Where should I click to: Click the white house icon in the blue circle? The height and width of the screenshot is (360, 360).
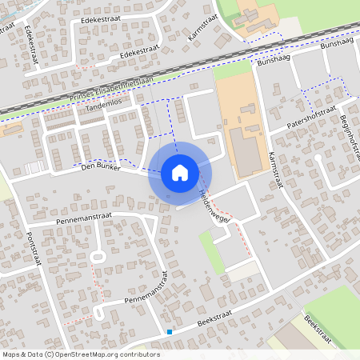[x=180, y=172]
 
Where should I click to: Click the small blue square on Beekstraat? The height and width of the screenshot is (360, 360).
[x=170, y=331]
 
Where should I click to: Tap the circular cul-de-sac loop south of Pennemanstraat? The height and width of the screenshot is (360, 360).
[x=98, y=258]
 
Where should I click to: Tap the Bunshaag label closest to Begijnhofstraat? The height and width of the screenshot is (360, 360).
[x=336, y=45]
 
